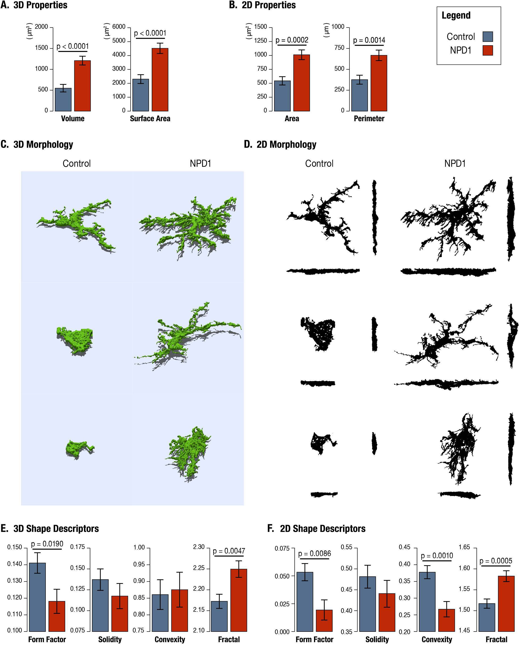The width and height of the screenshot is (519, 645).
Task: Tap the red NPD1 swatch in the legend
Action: (488, 50)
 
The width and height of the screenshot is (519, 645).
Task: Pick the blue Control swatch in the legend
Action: (488, 37)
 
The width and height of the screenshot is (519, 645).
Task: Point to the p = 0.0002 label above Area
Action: (292, 40)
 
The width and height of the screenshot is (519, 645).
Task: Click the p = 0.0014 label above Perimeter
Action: (369, 40)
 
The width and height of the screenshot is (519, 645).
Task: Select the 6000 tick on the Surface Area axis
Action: (119, 27)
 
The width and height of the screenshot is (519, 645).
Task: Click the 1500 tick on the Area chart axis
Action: (260, 27)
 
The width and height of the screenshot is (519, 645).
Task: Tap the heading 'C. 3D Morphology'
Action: (37, 145)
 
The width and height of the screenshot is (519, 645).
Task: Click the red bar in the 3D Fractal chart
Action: (239, 599)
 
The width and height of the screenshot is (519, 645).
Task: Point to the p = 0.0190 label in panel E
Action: (47, 544)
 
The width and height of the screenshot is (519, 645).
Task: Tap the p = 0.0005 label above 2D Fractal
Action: (496, 561)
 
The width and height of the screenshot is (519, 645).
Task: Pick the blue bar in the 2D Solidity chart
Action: (367, 604)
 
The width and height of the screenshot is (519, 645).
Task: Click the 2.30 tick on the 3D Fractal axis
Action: (199, 547)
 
